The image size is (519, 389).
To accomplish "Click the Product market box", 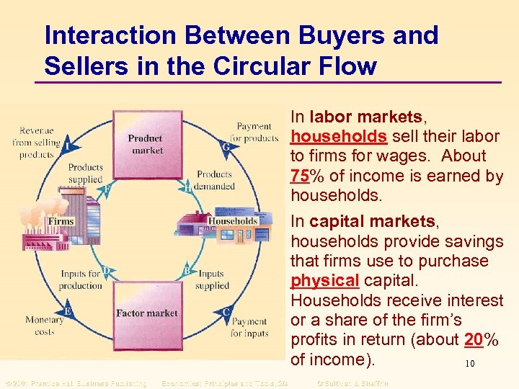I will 147,144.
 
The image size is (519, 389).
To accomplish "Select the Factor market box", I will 147,313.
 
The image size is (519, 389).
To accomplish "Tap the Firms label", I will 61,221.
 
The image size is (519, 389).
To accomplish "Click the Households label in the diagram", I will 233,220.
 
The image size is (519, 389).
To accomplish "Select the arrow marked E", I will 68,311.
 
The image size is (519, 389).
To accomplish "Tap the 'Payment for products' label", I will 254,133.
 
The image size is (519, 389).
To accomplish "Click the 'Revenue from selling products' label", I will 37,143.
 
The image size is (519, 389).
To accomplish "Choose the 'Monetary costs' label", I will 44,326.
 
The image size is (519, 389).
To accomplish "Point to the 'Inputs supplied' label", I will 212,280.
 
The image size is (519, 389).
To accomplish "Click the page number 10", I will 470,364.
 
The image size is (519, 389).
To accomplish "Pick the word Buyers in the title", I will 336,35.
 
